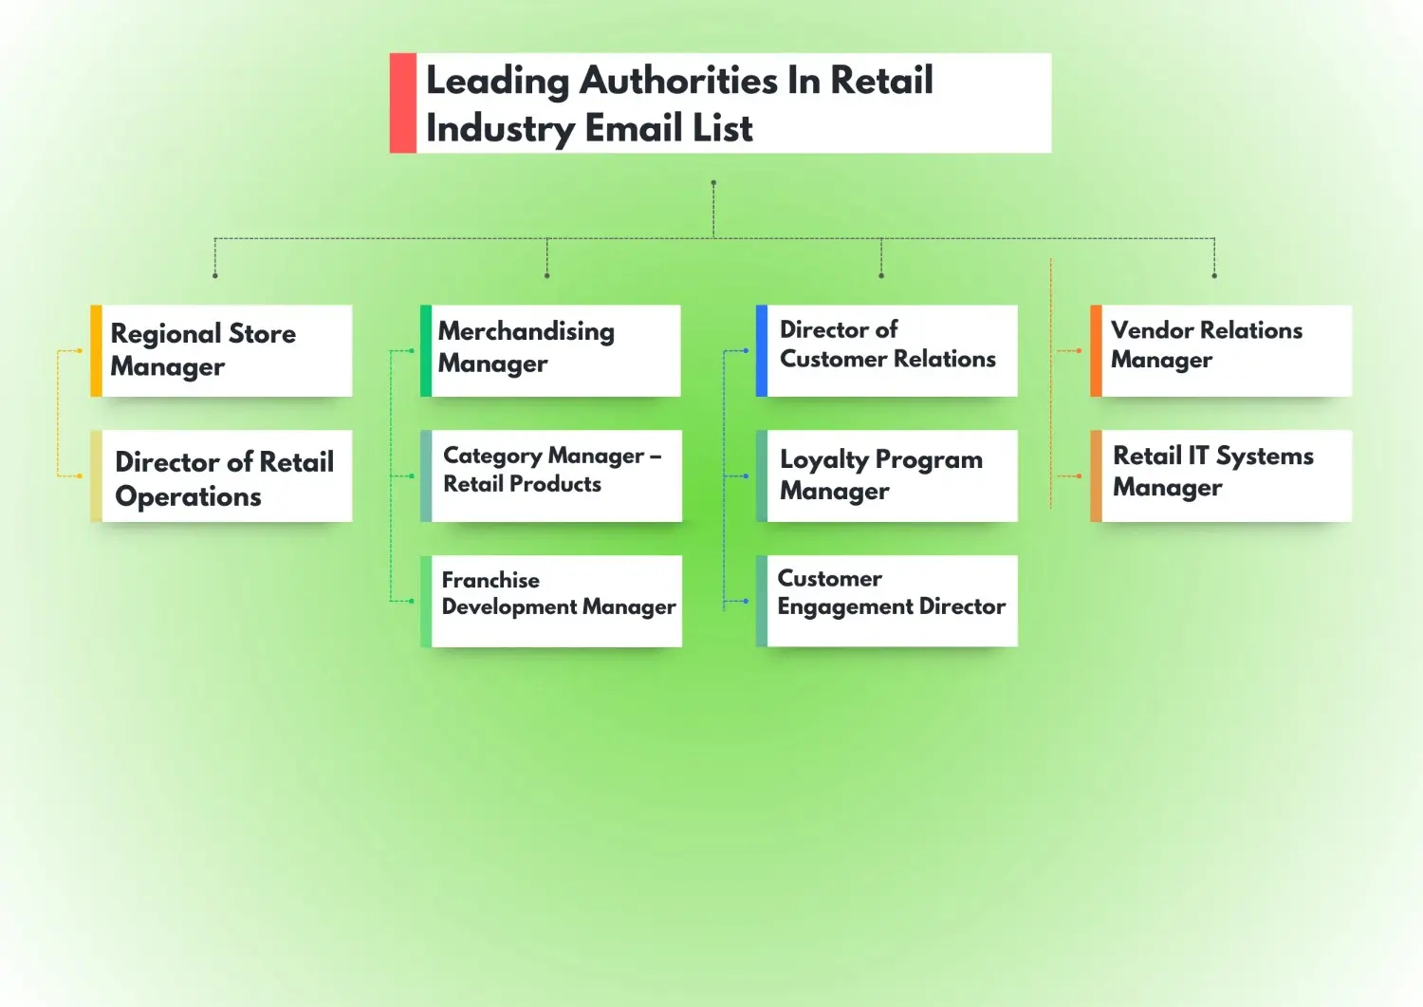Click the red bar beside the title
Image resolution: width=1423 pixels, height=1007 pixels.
pyautogui.click(x=403, y=103)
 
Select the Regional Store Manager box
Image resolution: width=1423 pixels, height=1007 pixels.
pyautogui.click(x=227, y=350)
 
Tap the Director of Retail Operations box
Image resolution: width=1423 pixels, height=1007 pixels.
pyautogui.click(x=227, y=476)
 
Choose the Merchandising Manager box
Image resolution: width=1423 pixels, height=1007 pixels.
pyautogui.click(x=555, y=350)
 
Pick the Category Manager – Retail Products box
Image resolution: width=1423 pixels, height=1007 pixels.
pyautogui.click(x=555, y=476)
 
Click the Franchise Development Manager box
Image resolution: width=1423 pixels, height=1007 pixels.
pyautogui.click(x=556, y=601)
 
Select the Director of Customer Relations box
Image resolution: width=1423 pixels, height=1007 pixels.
pyautogui.click(x=891, y=350)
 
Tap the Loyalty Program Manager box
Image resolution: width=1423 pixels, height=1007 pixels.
pyautogui.click(x=891, y=476)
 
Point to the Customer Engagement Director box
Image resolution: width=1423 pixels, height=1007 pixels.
pyautogui.click(x=891, y=601)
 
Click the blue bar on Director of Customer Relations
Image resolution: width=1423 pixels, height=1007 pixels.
pyautogui.click(x=762, y=350)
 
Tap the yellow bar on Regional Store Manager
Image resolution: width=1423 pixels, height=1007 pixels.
pyautogui.click(x=96, y=350)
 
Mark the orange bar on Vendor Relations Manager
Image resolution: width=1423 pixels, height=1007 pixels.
pyautogui.click(x=1097, y=350)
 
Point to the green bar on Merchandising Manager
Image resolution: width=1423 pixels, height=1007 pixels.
pyautogui.click(x=426, y=350)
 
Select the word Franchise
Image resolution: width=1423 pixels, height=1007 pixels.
pyautogui.click(x=490, y=580)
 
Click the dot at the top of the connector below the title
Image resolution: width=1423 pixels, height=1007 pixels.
pyautogui.click(x=713, y=183)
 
